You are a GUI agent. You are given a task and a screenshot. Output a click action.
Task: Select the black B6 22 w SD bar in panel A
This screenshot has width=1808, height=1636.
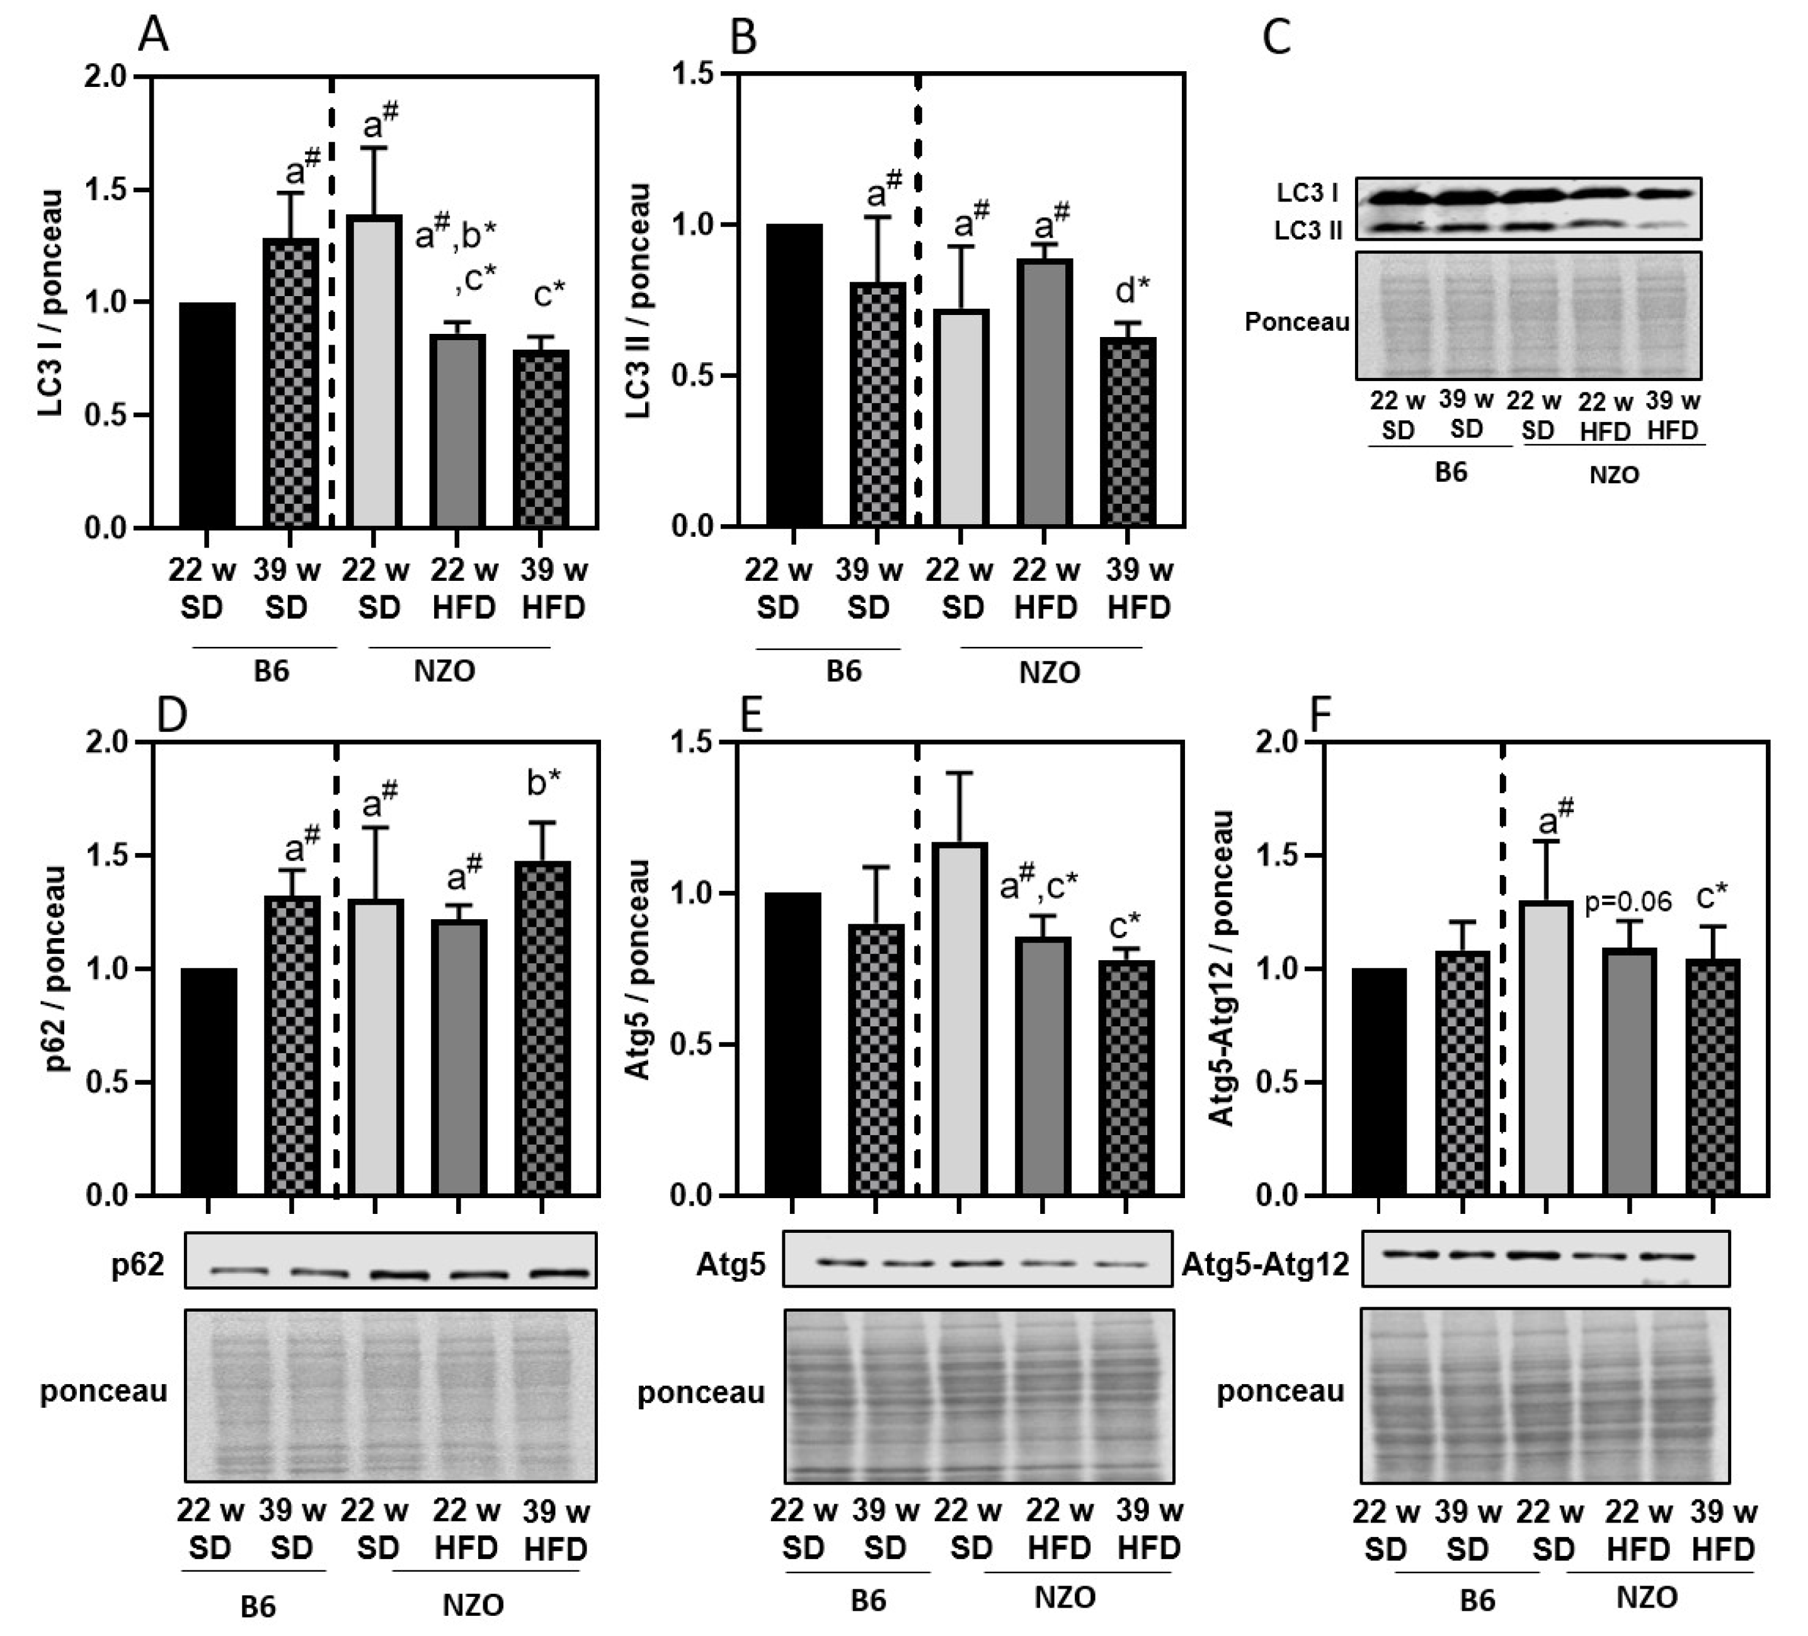[x=207, y=415]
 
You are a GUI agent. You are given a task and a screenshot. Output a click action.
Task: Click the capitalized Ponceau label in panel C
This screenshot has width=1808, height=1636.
[x=1297, y=321]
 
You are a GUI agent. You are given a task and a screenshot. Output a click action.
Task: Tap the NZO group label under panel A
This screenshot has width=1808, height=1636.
[x=444, y=671]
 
